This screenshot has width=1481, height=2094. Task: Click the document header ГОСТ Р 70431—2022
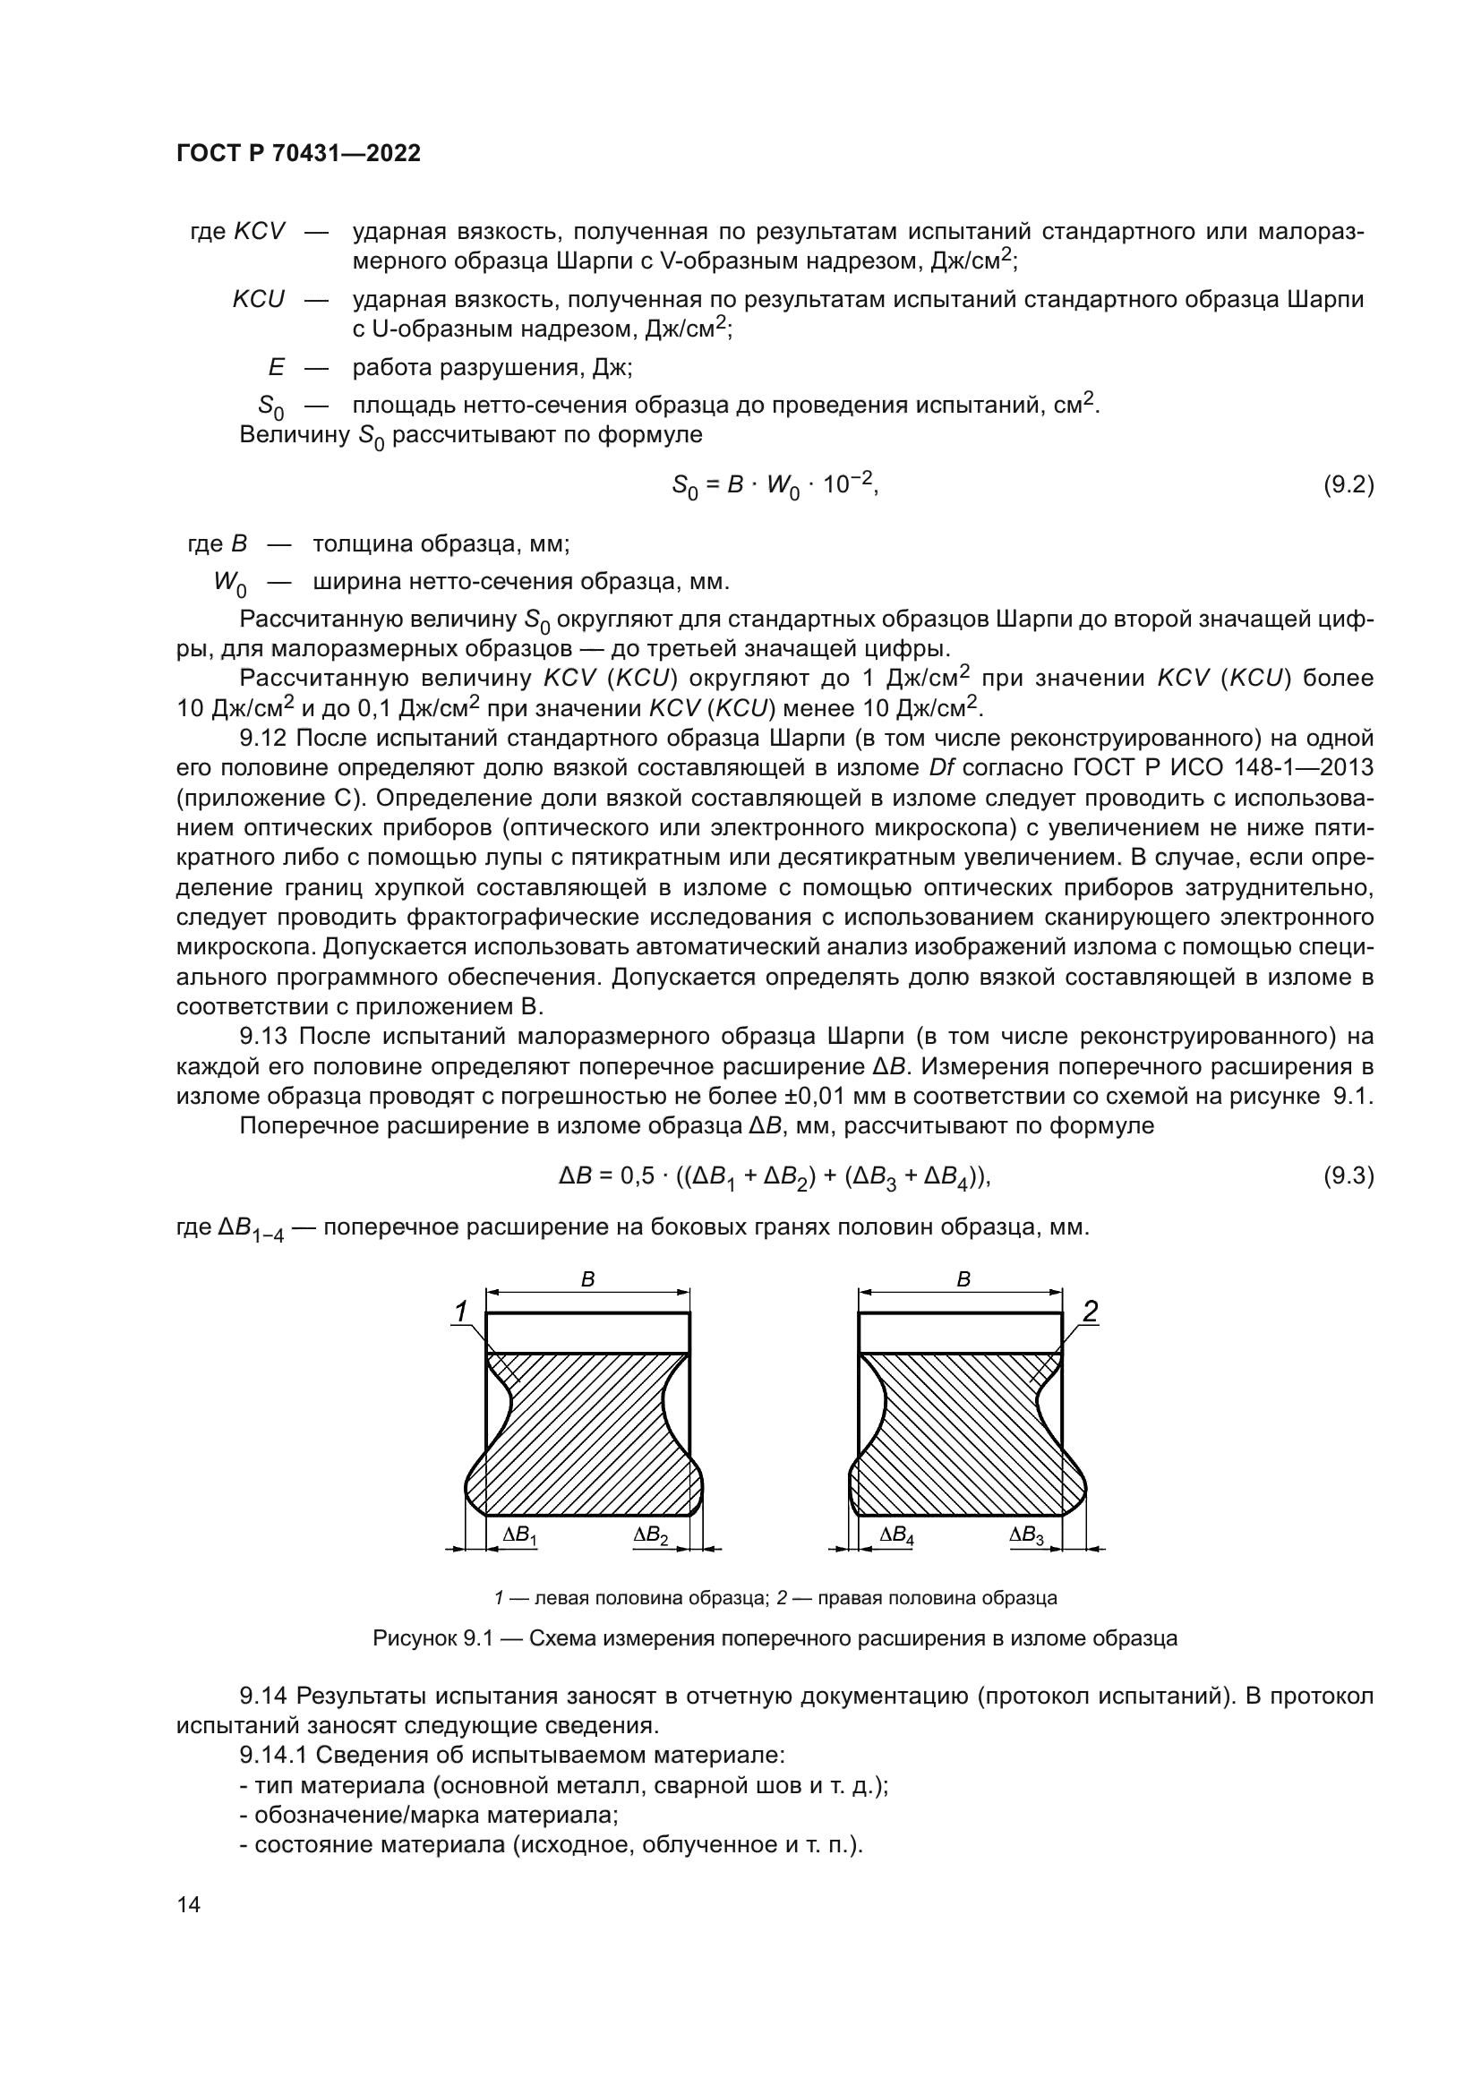pos(298,154)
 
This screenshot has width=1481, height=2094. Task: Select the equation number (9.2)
pos(1348,484)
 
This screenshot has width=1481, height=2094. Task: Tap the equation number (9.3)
pos(1348,1176)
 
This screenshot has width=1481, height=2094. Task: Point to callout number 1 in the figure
pos(461,1312)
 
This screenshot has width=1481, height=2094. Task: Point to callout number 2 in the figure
pos(1090,1312)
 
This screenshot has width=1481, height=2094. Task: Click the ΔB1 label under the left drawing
pos(520,1535)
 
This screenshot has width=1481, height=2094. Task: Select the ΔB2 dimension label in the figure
pos(651,1535)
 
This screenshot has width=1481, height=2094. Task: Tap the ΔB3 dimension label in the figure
pos(1027,1535)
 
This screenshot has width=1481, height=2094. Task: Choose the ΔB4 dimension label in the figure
pos(896,1535)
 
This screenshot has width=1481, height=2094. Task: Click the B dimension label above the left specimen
pos(588,1280)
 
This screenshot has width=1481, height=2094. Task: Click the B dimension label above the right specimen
pos(963,1280)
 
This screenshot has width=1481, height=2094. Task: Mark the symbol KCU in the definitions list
pos(258,299)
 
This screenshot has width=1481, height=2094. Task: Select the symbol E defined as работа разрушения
pos(276,368)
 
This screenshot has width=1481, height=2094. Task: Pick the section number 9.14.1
pos(277,1755)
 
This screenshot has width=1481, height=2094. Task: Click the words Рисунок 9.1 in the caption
pos(432,1638)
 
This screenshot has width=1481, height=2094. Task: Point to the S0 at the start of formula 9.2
pos(684,487)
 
